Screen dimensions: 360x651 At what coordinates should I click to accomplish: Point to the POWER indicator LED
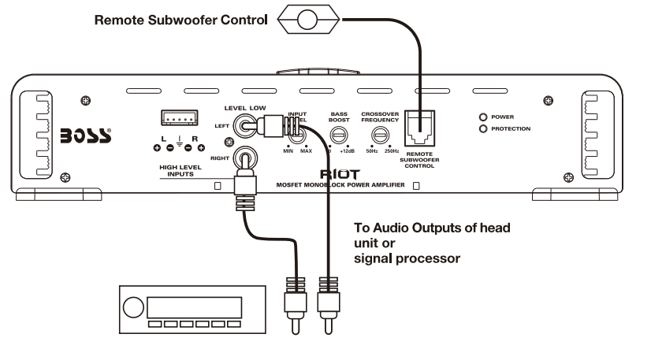[x=482, y=116]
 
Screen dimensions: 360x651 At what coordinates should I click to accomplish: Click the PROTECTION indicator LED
[x=482, y=128]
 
